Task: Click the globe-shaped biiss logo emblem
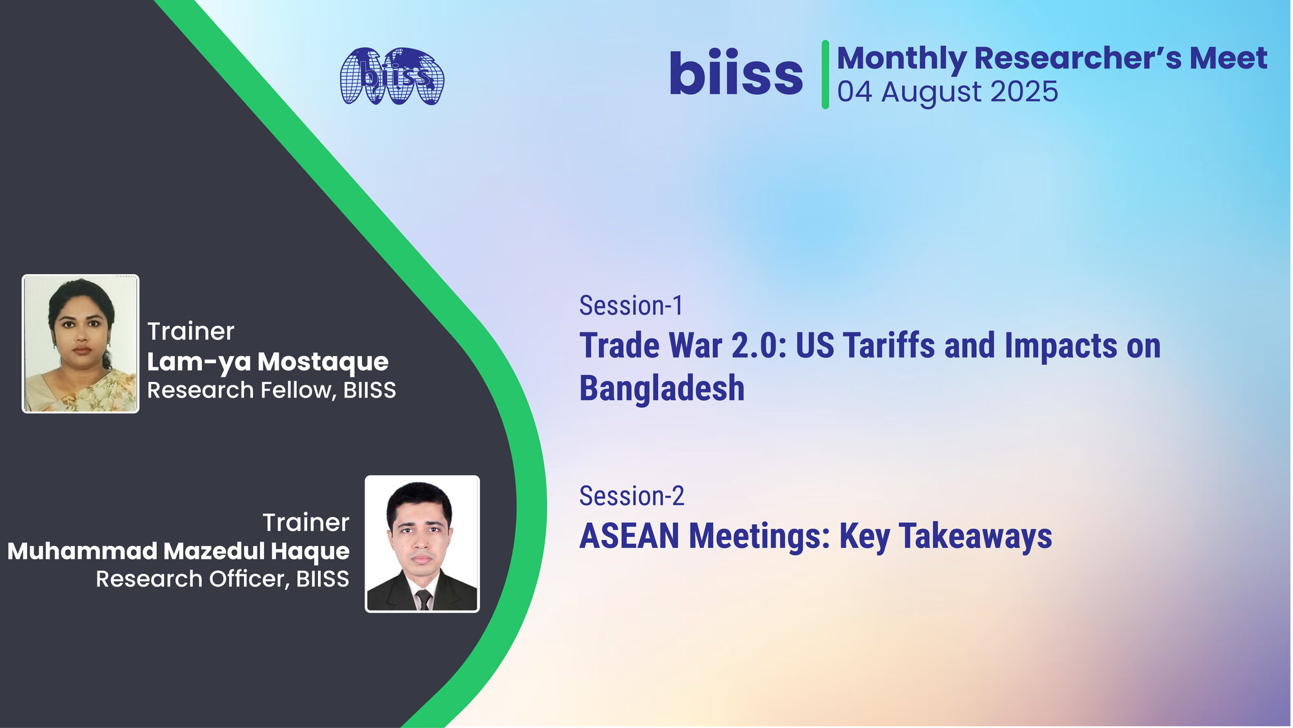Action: (392, 76)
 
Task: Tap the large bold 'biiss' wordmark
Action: (736, 72)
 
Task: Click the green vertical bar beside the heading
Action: (825, 74)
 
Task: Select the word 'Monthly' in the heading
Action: (901, 59)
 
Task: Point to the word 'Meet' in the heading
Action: (1228, 58)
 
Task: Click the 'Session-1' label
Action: (631, 305)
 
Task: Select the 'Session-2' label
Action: (632, 496)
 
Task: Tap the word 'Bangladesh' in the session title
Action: (662, 388)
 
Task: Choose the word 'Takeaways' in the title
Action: (976, 537)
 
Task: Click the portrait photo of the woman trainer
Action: (81, 343)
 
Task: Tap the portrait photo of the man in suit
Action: (422, 543)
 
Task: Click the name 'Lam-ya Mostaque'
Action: (268, 362)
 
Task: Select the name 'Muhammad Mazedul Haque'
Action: (179, 551)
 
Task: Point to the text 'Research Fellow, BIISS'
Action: (272, 390)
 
